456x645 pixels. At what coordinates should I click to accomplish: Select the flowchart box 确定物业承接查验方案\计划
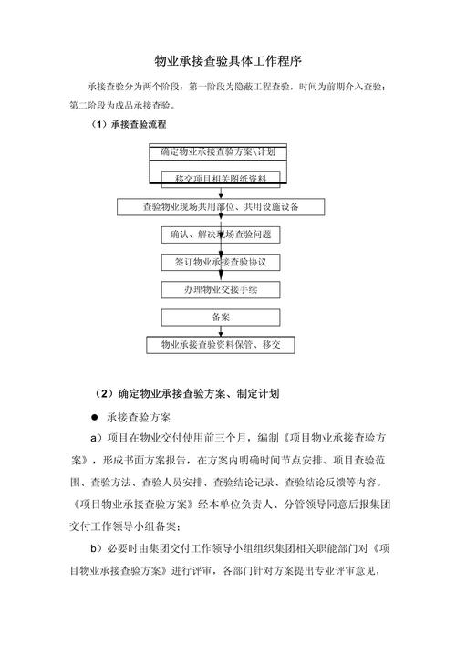click(217, 151)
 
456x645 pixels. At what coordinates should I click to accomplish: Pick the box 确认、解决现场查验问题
click(220, 234)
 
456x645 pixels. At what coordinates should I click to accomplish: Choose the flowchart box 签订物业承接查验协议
click(220, 262)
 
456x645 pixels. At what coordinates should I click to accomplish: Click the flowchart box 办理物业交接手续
click(220, 289)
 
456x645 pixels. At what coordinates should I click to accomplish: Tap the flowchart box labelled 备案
click(220, 317)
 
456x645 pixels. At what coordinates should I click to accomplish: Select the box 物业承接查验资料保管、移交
click(220, 345)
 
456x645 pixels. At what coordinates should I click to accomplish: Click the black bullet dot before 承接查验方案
click(94, 416)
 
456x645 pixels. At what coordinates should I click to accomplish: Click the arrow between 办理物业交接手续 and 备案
click(220, 304)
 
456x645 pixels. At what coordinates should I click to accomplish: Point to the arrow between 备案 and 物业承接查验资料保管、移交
click(220, 330)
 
